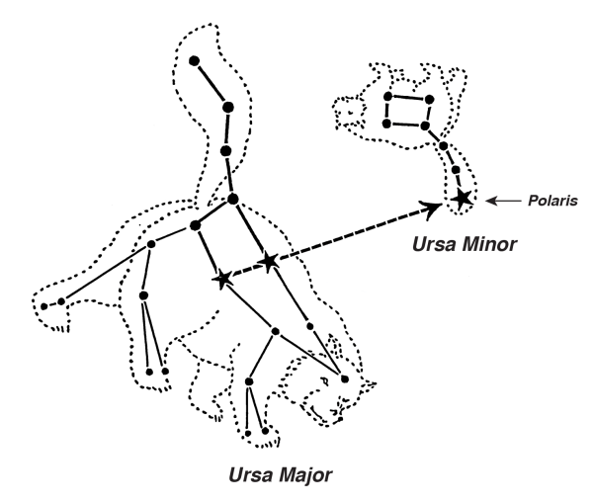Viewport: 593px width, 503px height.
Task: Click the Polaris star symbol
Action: (x=463, y=198)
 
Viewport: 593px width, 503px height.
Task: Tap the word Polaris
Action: (x=552, y=201)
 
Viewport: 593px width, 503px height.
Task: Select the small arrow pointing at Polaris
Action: (x=503, y=201)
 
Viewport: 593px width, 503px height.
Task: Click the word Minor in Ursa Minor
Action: (x=490, y=244)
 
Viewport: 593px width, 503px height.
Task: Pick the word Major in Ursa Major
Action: (x=306, y=475)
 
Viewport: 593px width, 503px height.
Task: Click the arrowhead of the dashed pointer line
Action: (x=432, y=210)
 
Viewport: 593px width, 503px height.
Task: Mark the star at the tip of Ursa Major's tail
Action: (x=194, y=61)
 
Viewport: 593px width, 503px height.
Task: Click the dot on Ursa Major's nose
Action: (x=345, y=378)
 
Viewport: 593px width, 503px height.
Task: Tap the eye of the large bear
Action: (x=324, y=380)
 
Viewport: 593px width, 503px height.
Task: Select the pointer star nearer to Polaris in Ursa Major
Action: (x=269, y=262)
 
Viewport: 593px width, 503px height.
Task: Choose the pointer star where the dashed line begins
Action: (x=222, y=279)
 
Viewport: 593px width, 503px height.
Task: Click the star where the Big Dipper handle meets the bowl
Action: (x=233, y=199)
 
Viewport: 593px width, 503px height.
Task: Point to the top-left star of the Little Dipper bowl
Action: (x=387, y=97)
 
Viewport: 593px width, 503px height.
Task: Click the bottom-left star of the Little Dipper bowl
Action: (x=386, y=124)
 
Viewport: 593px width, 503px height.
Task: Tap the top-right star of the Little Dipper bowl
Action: (x=429, y=100)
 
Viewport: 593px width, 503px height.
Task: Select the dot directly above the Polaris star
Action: (x=456, y=169)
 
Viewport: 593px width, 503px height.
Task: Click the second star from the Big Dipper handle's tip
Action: (x=227, y=108)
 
